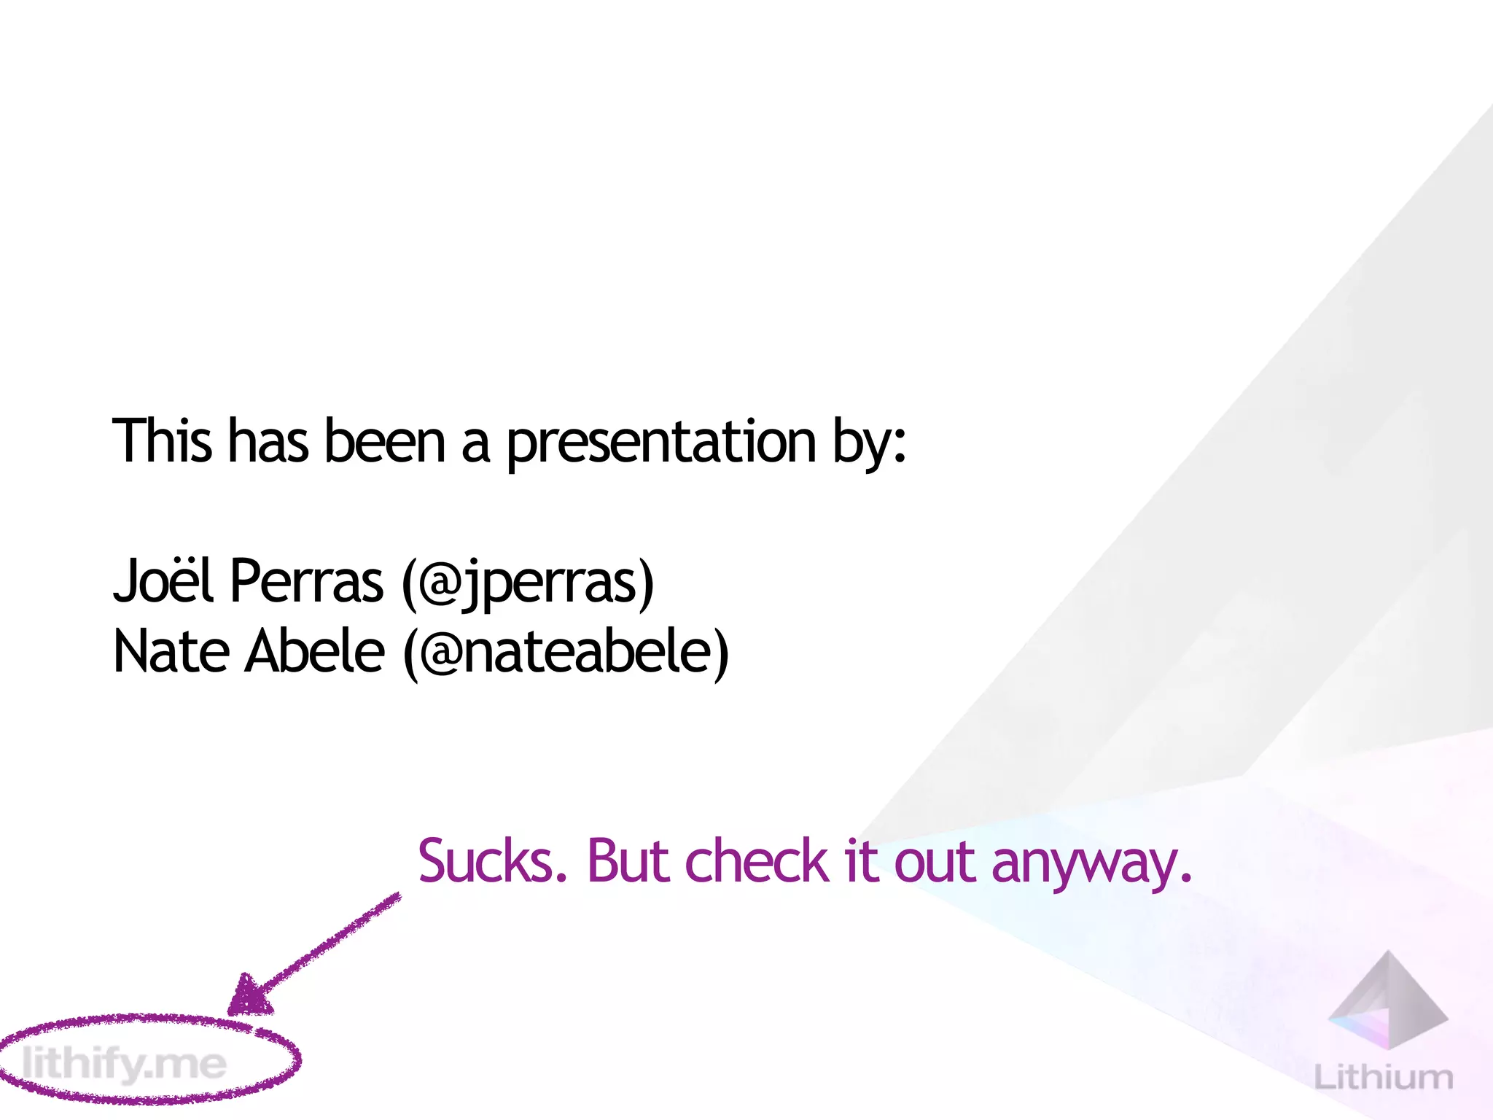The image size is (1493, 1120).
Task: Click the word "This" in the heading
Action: point(162,441)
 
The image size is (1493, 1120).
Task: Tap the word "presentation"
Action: point(660,443)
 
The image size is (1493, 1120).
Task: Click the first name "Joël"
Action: point(163,581)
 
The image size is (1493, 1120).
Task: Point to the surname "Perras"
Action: point(306,581)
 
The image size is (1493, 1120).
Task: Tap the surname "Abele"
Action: point(314,651)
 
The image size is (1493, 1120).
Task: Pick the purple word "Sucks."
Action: point(492,861)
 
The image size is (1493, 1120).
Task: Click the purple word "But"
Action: point(628,861)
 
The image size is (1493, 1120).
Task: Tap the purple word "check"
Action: point(757,861)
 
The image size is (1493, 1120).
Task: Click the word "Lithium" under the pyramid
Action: point(1383,1077)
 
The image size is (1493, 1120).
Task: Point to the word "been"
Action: point(384,441)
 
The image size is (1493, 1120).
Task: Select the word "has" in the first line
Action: point(268,441)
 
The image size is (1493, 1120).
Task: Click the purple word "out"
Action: point(934,861)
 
